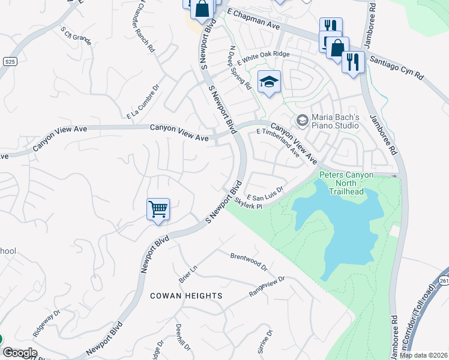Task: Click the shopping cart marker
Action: (x=158, y=209)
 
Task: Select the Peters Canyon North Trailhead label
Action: (x=346, y=179)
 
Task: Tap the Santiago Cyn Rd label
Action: (x=396, y=67)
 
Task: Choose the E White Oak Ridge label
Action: (x=264, y=58)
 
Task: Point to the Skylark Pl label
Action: (x=249, y=203)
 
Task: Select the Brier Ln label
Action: (x=187, y=273)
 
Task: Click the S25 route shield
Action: (x=9, y=62)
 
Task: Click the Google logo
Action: (x=19, y=353)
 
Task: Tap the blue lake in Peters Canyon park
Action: (x=348, y=228)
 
